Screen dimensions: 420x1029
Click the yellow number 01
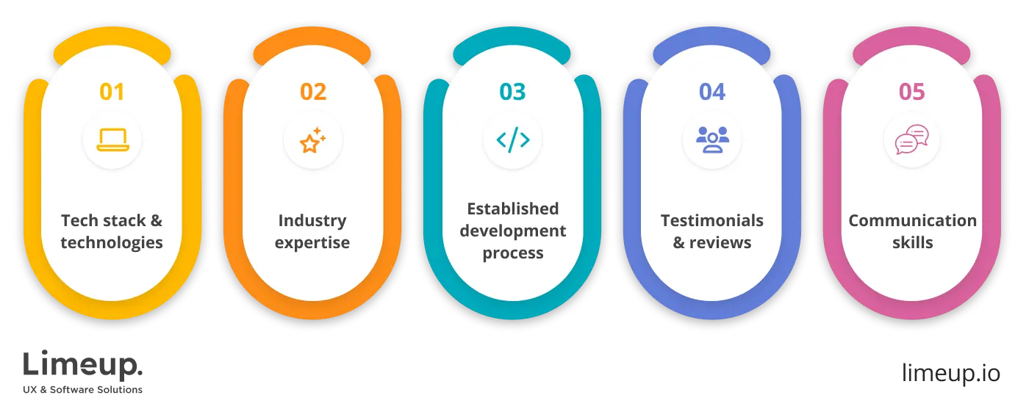[112, 92]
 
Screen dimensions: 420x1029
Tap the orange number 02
[312, 92]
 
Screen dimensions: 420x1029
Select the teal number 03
[512, 92]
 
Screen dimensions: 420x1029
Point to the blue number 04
[712, 92]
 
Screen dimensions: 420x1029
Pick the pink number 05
[911, 92]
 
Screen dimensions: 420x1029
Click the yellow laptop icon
[112, 140]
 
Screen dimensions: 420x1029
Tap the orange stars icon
[312, 140]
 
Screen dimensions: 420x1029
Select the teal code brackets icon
[512, 140]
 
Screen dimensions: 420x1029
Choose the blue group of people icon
[712, 140]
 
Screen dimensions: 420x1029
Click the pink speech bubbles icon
[911, 140]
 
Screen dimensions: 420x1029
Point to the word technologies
[112, 243]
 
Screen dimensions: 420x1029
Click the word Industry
[312, 220]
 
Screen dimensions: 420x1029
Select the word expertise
[312, 243]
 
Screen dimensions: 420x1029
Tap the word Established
[513, 209]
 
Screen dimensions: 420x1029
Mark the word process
[513, 253]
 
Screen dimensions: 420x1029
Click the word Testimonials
[712, 220]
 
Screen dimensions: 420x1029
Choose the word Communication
[912, 220]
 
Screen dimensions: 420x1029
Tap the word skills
[912, 243]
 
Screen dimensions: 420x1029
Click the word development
[513, 231]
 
